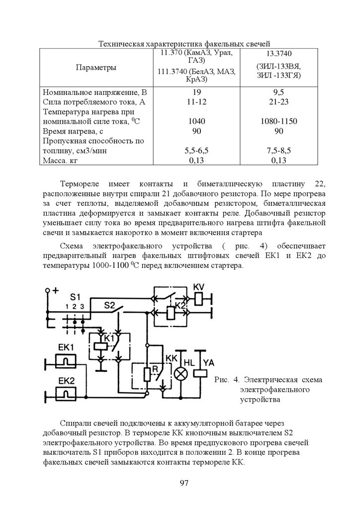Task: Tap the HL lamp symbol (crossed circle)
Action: click(179, 374)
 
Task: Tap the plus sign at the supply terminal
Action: click(56, 290)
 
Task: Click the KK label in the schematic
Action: click(171, 358)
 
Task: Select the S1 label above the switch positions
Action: click(75, 296)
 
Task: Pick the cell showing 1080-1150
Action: click(278, 121)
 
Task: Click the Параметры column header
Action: click(96, 68)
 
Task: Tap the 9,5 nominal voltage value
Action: click(278, 92)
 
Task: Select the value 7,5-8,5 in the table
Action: click(278, 151)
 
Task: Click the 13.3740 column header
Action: click(278, 53)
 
